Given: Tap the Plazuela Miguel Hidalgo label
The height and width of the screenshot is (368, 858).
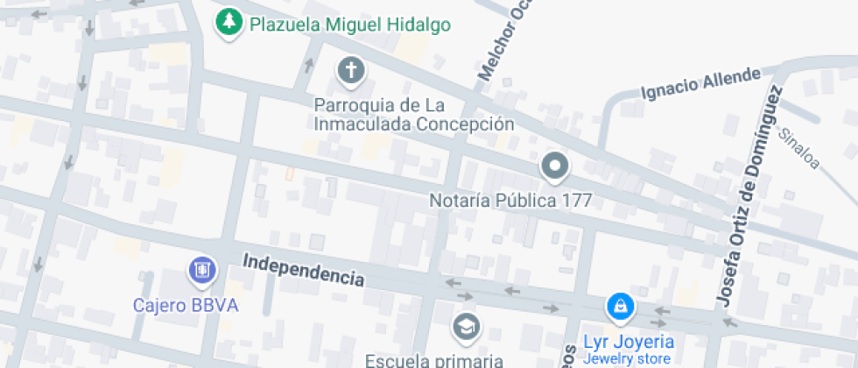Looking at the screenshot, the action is pos(350,25).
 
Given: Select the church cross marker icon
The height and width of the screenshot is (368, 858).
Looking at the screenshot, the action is pos(351,70).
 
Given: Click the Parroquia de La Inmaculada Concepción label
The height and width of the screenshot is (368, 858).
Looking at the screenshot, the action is pos(413,115).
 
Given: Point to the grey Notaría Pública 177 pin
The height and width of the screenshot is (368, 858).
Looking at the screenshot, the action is pos(554,166).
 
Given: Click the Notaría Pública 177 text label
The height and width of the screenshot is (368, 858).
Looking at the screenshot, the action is pos(510,201).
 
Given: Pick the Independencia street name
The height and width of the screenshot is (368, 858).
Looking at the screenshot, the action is pos(303,271).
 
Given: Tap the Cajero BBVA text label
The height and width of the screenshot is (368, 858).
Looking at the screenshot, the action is pos(186,306).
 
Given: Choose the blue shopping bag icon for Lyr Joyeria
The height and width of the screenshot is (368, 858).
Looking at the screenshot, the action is pos(620,308).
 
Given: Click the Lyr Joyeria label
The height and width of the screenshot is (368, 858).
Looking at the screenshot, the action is pos(629,341).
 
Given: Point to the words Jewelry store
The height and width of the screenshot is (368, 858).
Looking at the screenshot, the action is pos(629,358).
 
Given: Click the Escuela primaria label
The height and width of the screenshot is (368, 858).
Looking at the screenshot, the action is pos(434,359).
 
